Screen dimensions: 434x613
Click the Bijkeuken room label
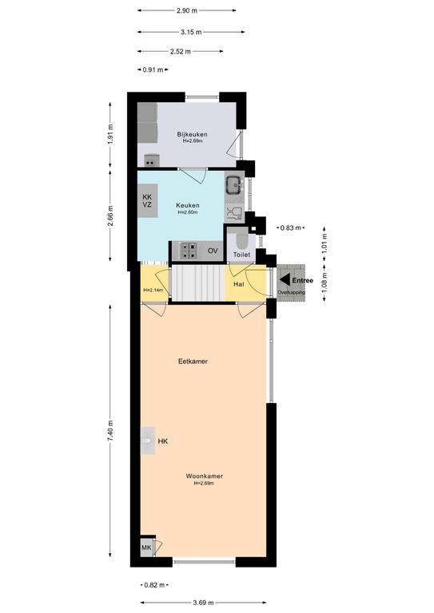pos(192,134)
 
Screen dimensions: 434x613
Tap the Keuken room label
pos(188,205)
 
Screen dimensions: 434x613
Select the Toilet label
pos(241,255)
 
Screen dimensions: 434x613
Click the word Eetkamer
pos(193,362)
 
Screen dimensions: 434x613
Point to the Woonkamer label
pos(205,477)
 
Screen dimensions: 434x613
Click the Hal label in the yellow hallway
pos(239,284)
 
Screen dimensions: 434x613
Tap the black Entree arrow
pos(285,280)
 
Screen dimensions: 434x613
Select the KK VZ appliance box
pos(148,200)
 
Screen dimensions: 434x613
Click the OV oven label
pos(213,251)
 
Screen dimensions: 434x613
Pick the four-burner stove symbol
pos(188,251)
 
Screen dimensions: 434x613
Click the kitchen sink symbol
pos(234,184)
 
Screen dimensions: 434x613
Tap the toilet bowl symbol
pos(242,242)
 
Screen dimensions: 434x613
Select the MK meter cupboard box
pos(147,548)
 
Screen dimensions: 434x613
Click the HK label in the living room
pos(163,441)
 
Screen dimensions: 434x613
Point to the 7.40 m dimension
pos(110,431)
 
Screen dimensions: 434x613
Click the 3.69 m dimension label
pos(203,603)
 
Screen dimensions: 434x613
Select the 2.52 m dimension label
pos(181,51)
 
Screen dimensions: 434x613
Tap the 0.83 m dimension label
pos(291,228)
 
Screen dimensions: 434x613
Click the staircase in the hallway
pos(198,283)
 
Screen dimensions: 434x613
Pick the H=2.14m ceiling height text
pos(153,290)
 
